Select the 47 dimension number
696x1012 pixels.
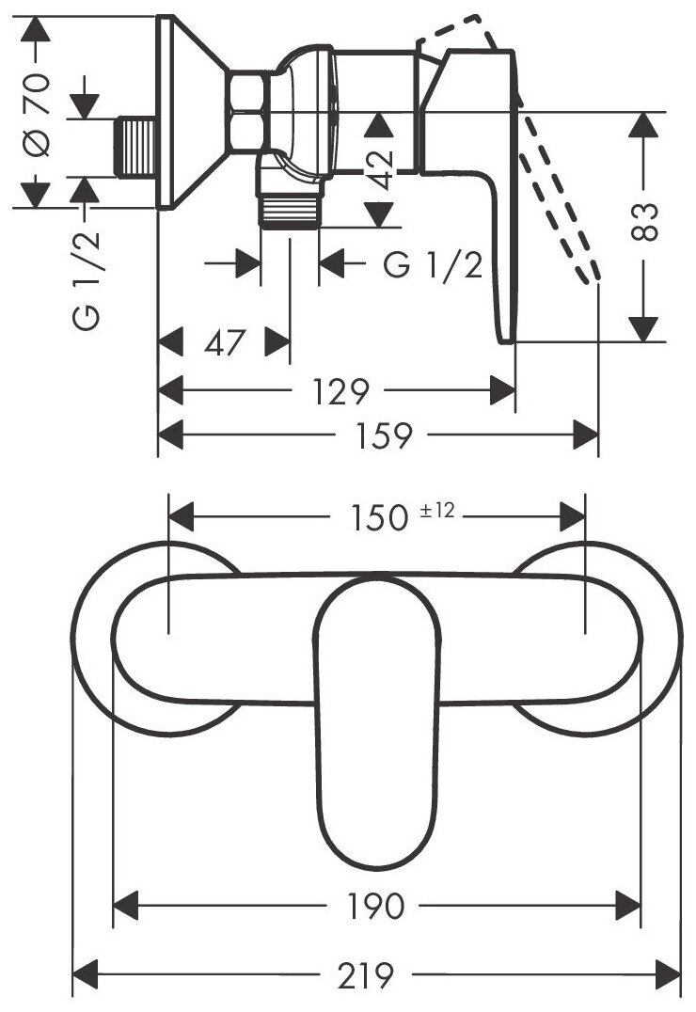[225, 342]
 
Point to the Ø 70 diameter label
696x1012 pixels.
[37, 114]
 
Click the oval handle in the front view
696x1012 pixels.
[377, 715]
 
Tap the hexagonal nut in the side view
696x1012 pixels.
[249, 112]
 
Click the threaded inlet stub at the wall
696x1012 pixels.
[134, 146]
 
